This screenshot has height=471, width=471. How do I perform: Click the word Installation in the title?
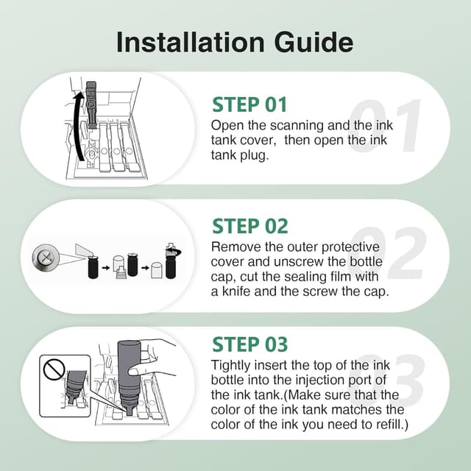[191, 42]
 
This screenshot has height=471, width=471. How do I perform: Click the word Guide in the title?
[314, 42]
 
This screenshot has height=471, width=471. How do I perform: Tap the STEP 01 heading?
[249, 105]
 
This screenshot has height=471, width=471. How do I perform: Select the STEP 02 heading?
[250, 226]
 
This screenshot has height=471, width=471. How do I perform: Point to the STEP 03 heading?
[250, 344]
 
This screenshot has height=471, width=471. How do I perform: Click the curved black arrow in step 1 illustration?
[76, 126]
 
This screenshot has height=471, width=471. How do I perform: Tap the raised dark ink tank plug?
[91, 104]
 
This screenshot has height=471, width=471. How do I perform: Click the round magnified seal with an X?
[46, 258]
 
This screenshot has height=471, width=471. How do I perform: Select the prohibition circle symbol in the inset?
[54, 369]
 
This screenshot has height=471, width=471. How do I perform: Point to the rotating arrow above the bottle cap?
[174, 252]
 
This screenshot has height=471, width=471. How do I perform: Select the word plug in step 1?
[255, 156]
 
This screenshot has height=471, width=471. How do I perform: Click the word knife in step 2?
[236, 291]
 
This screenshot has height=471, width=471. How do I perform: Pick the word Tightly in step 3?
[230, 366]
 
